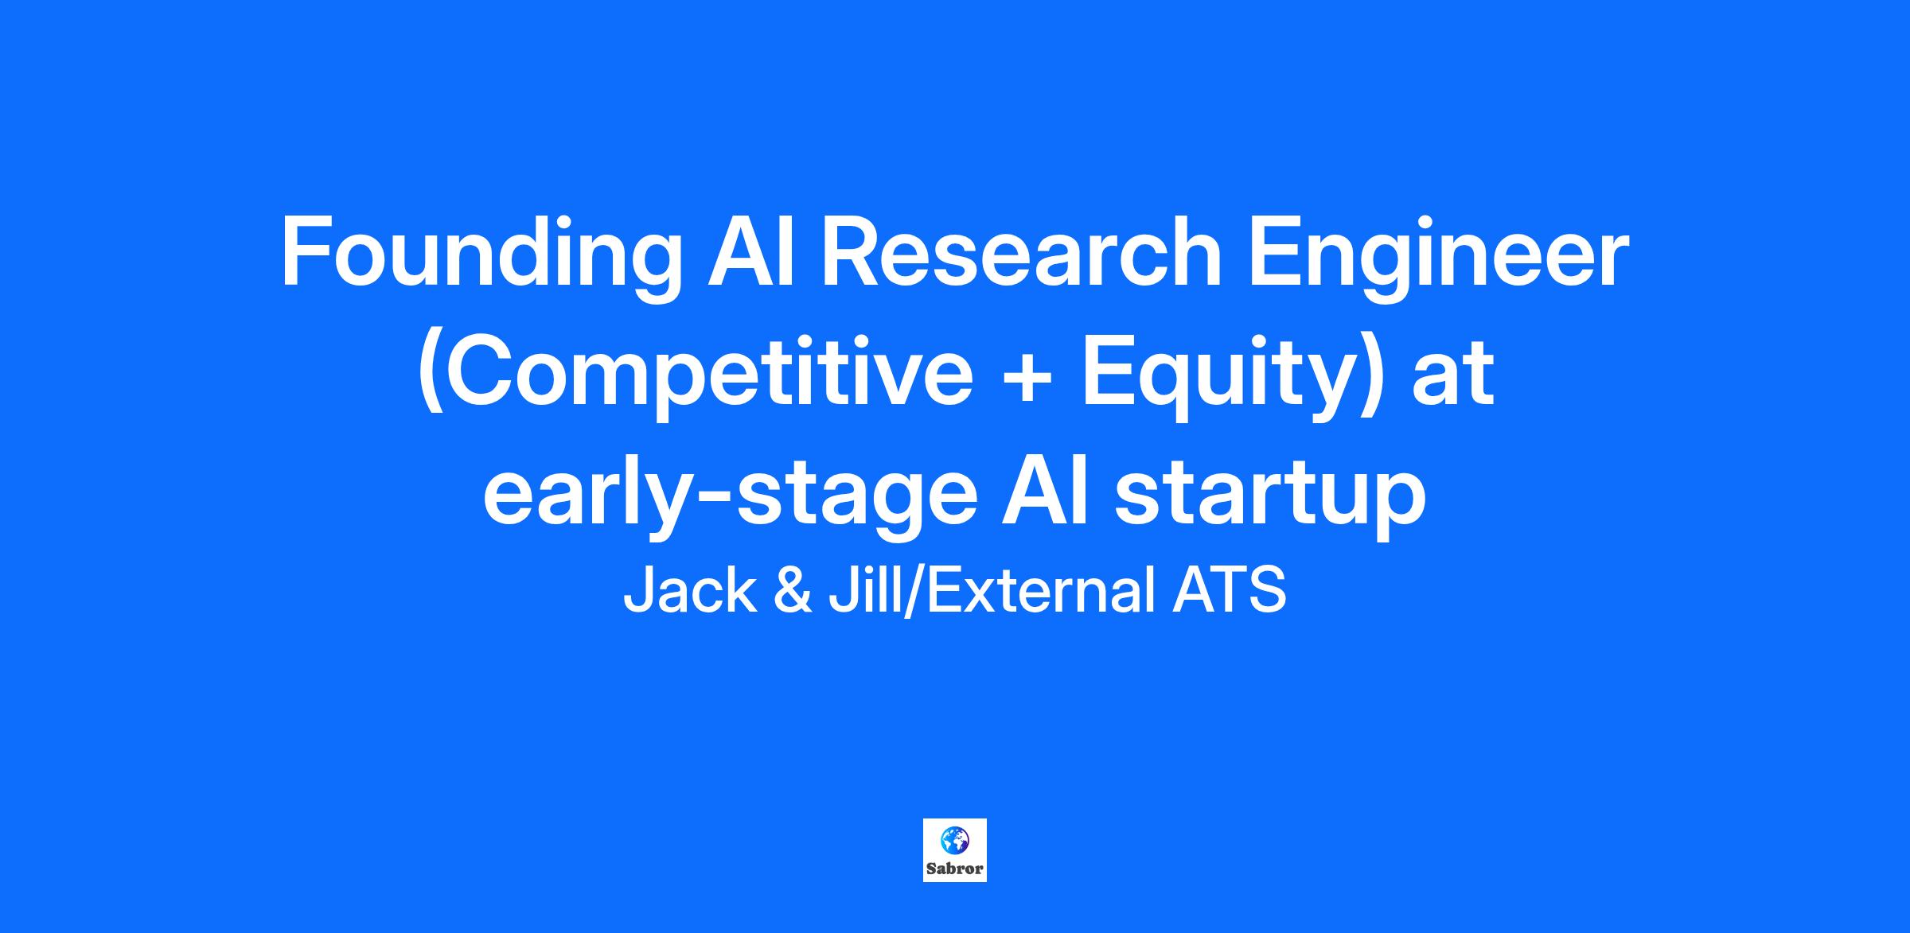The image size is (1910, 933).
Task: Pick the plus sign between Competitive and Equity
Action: click(1027, 376)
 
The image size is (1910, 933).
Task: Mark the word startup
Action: click(1269, 500)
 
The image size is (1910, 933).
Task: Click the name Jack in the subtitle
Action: click(690, 592)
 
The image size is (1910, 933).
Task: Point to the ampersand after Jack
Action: click(793, 592)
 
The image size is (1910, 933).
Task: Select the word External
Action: click(1041, 592)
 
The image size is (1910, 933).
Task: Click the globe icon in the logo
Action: click(953, 840)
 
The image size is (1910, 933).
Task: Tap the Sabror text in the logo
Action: click(955, 868)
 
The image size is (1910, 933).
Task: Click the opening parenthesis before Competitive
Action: click(429, 379)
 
